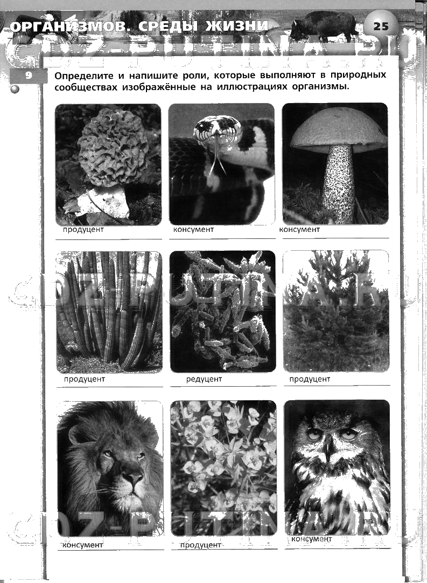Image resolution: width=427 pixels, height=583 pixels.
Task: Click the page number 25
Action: [x=381, y=26]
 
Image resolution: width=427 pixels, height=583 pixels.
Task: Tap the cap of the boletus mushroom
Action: [x=338, y=130]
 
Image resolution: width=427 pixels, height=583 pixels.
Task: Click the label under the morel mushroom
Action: [x=83, y=230]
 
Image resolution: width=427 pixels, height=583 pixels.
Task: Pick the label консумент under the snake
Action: [x=193, y=230]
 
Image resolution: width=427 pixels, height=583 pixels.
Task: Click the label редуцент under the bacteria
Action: [x=204, y=379]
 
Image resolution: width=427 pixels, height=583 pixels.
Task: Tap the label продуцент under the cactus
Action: [x=85, y=379]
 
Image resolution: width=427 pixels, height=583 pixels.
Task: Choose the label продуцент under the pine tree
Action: [x=310, y=379]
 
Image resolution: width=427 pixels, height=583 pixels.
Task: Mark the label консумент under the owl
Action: [x=311, y=539]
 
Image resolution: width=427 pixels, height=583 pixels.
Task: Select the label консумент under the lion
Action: [x=82, y=545]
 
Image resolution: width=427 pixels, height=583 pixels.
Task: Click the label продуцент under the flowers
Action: [x=200, y=545]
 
